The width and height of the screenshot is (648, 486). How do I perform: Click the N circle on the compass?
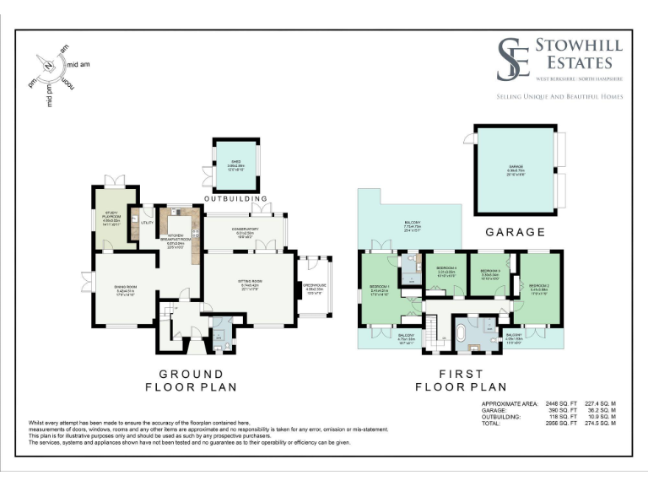coord(49,65)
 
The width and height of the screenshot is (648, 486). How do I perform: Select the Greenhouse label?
coord(314,287)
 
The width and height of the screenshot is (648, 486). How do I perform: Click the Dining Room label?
coord(126,290)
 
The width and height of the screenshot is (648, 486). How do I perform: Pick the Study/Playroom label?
coord(112,216)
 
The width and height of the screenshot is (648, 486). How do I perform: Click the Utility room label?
coord(146,224)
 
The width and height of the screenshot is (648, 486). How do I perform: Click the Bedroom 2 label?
coord(540,288)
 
